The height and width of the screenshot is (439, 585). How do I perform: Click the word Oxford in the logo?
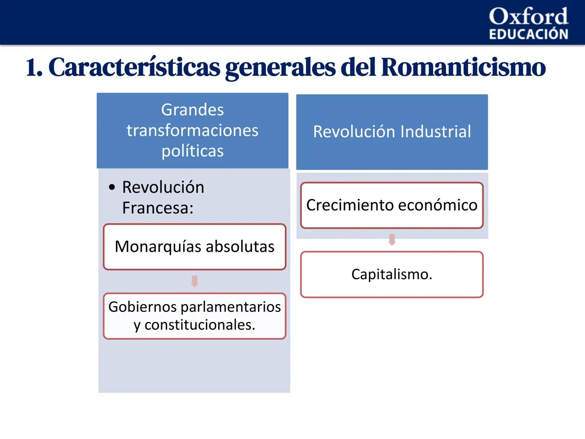(x=528, y=16)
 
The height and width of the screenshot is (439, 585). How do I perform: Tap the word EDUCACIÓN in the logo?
(x=528, y=34)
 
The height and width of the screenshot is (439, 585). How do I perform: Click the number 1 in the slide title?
(x=32, y=67)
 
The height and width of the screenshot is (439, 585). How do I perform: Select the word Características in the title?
(x=134, y=67)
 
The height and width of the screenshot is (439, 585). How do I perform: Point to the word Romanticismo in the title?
(x=463, y=67)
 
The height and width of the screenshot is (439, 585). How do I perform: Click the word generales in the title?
(x=280, y=67)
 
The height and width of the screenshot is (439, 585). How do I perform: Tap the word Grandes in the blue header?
(x=193, y=110)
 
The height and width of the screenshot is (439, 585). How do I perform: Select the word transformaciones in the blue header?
(x=193, y=130)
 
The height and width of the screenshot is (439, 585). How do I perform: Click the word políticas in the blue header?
(x=193, y=151)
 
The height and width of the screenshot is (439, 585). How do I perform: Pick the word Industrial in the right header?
(x=435, y=132)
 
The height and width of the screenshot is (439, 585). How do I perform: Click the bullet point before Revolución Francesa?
(x=112, y=187)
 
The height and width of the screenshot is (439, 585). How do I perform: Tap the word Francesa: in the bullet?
(x=158, y=208)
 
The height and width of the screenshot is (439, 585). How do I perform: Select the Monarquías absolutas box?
(x=195, y=247)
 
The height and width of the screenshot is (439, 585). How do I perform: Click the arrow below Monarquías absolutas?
(x=195, y=281)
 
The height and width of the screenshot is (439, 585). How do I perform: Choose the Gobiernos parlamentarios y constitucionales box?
(x=195, y=316)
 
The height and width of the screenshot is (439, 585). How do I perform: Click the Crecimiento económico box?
(x=392, y=205)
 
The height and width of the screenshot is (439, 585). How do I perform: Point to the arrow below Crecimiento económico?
(x=392, y=240)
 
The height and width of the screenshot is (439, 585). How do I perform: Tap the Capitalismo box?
(x=392, y=274)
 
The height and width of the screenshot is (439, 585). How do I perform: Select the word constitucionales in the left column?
(x=200, y=325)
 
